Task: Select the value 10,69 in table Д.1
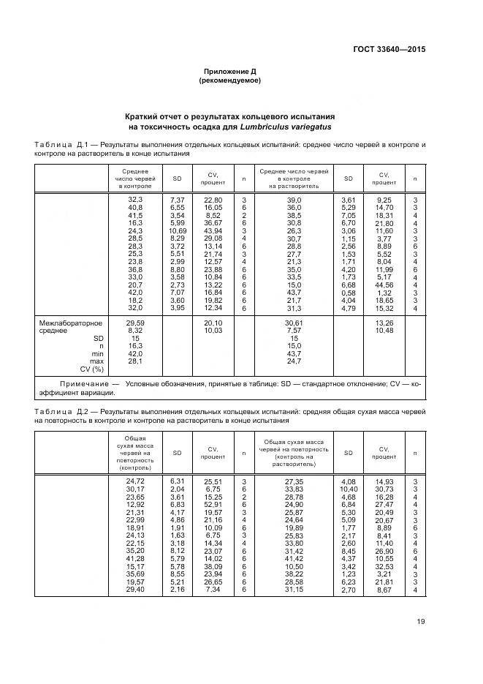tap(178, 231)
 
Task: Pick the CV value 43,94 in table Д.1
tap(213, 231)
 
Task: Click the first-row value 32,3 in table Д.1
tap(135, 200)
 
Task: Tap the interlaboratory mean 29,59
tap(135, 323)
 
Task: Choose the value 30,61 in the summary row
tap(294, 323)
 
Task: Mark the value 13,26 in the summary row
tap(384, 323)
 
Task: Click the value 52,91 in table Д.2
tap(213, 505)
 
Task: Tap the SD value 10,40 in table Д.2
tap(349, 489)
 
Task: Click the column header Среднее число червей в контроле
tap(135, 178)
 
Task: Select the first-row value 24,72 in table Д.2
tap(135, 481)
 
